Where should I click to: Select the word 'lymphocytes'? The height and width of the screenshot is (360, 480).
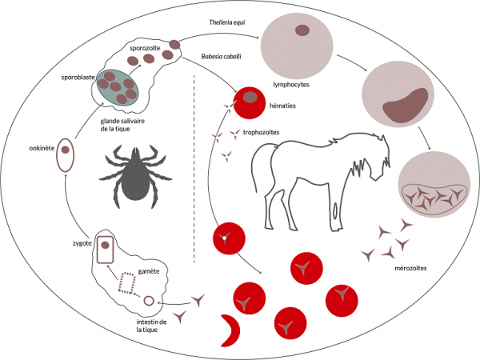click(x=291, y=83)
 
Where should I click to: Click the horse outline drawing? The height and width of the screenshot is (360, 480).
click(x=320, y=172)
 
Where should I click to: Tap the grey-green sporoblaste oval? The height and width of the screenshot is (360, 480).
click(x=118, y=86)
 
